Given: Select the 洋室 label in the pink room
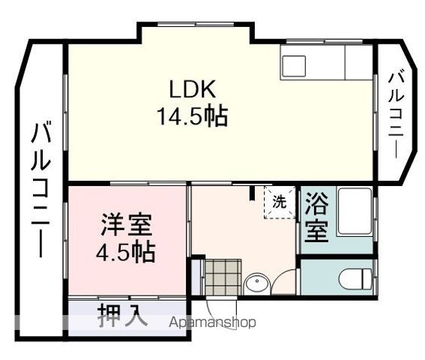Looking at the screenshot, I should (x=127, y=225).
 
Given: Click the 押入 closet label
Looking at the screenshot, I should (x=122, y=316).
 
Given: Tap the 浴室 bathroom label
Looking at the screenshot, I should (x=317, y=217).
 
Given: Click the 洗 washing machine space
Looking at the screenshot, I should (x=278, y=202).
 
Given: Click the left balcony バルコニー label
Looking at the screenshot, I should (x=41, y=191).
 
